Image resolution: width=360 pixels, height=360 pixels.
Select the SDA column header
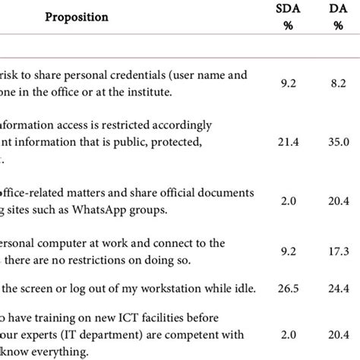click(x=284, y=8)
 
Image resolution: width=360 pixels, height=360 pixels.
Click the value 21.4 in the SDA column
click(x=283, y=141)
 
